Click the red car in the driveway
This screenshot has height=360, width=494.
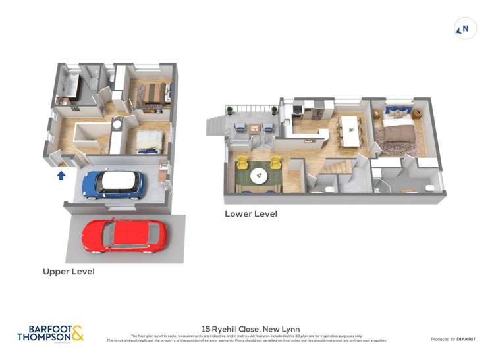point(124,236)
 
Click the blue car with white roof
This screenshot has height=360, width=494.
point(113,185)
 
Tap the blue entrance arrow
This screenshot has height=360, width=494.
point(61,175)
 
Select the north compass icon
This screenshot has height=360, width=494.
point(465,28)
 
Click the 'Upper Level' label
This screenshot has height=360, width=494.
point(69,271)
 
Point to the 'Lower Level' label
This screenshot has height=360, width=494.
point(250,214)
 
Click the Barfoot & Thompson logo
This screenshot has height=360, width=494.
point(51,333)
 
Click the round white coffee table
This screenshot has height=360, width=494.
point(258,175)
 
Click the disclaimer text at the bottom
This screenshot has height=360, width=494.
point(246,338)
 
